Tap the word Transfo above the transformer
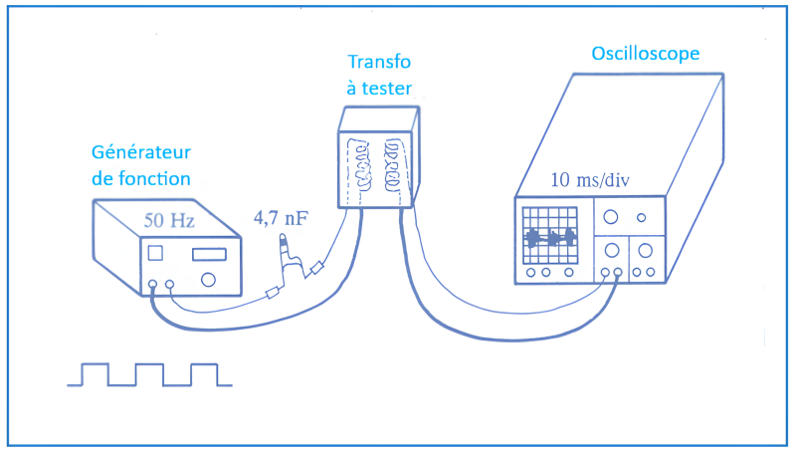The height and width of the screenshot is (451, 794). click(378, 63)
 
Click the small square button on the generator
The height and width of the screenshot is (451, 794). click(155, 254)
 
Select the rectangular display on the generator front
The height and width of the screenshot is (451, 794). click(208, 255)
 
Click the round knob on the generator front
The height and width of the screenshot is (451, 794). click(207, 280)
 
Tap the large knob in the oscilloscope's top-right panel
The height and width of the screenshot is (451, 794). click(610, 216)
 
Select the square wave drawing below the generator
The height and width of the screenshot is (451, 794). click(149, 374)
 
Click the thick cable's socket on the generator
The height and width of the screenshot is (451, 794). click(152, 286)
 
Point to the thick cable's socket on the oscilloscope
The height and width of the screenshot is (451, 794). click(618, 272)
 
